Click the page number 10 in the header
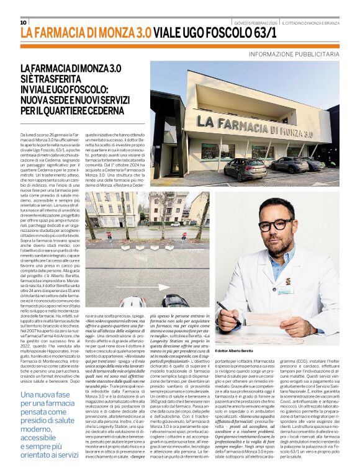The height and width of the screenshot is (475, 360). [x=24, y=22]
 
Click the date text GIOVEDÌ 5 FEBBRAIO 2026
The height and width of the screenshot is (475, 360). [x=255, y=23]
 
